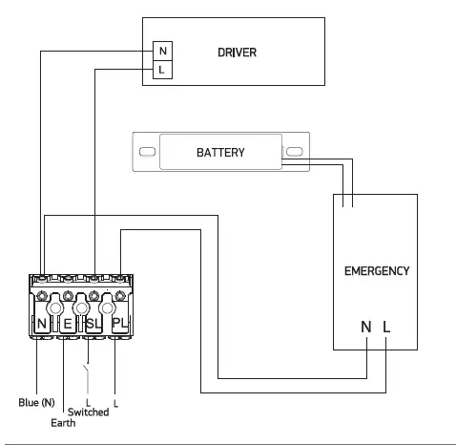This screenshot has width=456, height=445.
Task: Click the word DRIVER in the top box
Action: tap(238, 51)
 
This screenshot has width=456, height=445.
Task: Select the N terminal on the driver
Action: tap(162, 51)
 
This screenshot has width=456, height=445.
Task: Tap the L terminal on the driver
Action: tap(162, 70)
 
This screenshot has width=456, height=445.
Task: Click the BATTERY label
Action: tap(220, 153)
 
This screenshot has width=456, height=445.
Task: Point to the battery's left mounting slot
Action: tap(146, 153)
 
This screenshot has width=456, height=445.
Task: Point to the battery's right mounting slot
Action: tap(295, 153)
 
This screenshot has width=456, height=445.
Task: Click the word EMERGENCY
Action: tap(376, 271)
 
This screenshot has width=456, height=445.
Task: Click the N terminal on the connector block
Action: tap(42, 325)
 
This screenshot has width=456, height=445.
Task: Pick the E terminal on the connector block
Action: tap(68, 325)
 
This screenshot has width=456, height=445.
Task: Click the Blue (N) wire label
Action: tap(36, 402)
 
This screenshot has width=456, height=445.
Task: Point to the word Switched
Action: tap(88, 413)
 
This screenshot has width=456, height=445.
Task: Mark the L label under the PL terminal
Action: tap(115, 402)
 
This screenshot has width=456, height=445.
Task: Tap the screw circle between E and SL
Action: tap(81, 309)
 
